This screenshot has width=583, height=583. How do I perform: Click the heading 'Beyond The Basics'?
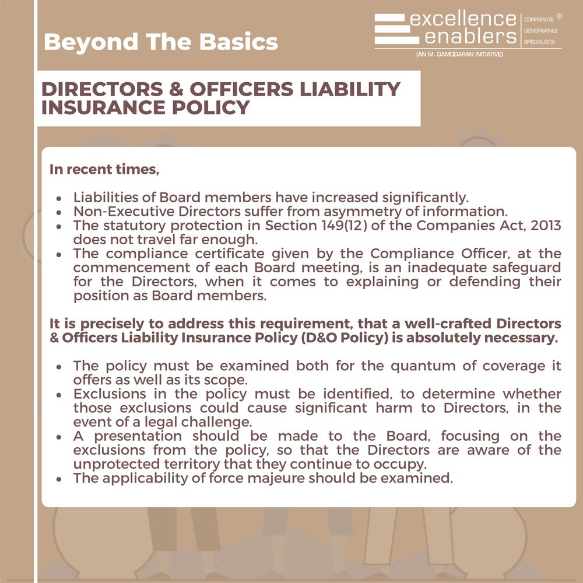[x=161, y=41]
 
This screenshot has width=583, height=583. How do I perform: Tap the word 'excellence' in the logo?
[x=463, y=19]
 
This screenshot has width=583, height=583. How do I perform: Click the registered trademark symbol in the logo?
[x=559, y=16]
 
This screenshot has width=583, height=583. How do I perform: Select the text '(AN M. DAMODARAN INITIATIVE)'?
[x=459, y=54]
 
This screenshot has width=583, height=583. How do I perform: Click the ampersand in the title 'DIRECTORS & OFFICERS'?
[x=176, y=89]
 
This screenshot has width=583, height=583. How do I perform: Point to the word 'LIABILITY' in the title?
[x=350, y=89]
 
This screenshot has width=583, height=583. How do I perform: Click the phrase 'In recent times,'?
[x=104, y=170]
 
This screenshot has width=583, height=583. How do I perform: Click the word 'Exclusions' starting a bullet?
[x=110, y=394]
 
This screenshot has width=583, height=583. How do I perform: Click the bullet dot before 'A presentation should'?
[x=59, y=437]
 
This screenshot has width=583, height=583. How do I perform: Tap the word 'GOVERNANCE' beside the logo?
[x=541, y=30]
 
